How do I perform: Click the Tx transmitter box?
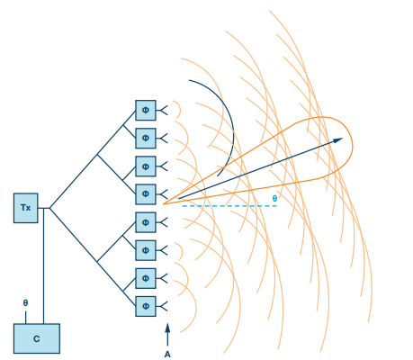pyautogui.click(x=26, y=208)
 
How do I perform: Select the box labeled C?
pyautogui.click(x=37, y=338)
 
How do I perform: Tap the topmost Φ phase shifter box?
pyautogui.click(x=146, y=110)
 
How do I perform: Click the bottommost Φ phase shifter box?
pyautogui.click(x=146, y=306)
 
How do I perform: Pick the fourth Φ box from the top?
pyautogui.click(x=146, y=194)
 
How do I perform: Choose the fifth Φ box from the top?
pyautogui.click(x=146, y=222)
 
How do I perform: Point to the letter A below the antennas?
pyautogui.click(x=167, y=355)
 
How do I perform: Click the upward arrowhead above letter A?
pyautogui.click(x=167, y=328)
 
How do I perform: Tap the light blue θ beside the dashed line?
pyautogui.click(x=274, y=198)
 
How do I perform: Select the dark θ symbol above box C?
pyautogui.click(x=25, y=303)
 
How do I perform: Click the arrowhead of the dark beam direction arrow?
pyautogui.click(x=338, y=139)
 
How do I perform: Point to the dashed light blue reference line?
pyautogui.click(x=229, y=206)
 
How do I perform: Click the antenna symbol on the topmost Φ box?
pyautogui.click(x=162, y=111)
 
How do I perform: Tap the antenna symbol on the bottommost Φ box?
pyautogui.click(x=162, y=306)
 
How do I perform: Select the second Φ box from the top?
pyautogui.click(x=146, y=139)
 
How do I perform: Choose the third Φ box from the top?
pyautogui.click(x=146, y=166)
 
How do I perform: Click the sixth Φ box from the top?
pyautogui.click(x=146, y=250)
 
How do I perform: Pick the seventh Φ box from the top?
pyautogui.click(x=146, y=278)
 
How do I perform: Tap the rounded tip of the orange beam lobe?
pyautogui.click(x=353, y=146)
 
